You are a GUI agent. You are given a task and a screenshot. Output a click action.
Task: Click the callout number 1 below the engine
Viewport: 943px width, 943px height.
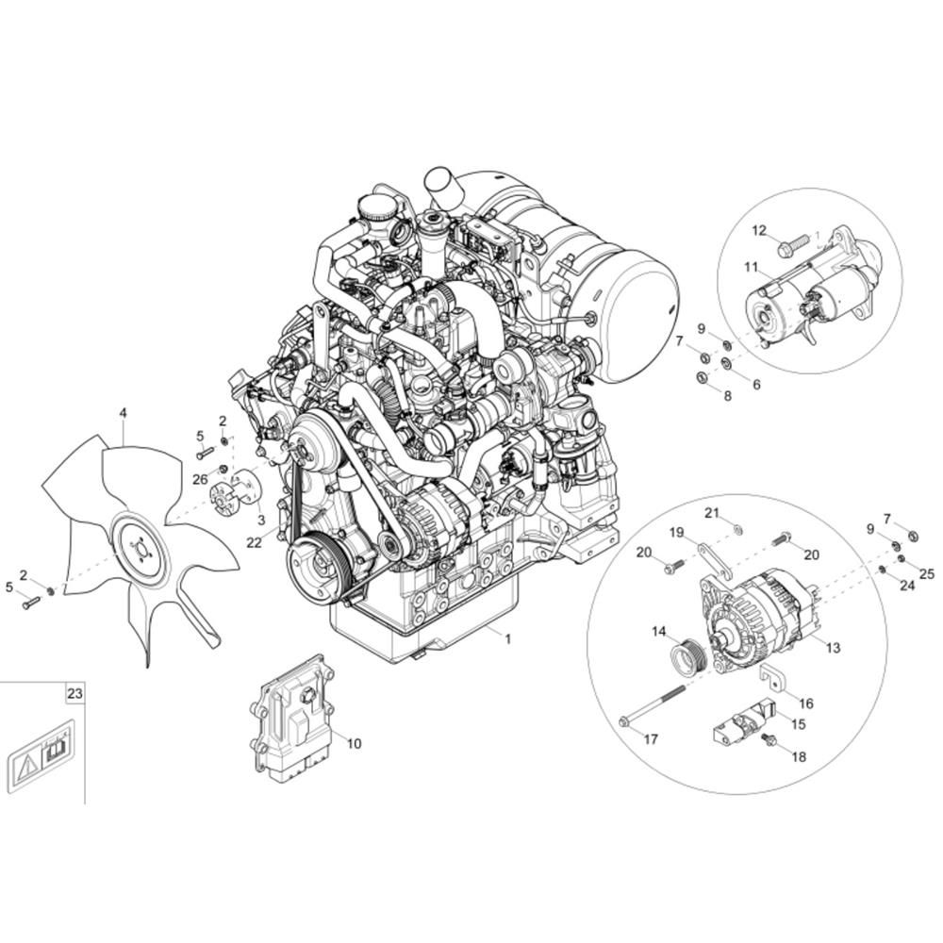tap(507, 638)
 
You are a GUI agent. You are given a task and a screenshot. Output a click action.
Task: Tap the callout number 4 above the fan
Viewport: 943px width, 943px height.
tap(123, 412)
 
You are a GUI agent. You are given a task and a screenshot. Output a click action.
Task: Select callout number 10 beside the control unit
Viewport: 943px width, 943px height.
tap(354, 743)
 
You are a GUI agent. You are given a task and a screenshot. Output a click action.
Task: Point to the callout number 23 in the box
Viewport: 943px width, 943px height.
tap(75, 693)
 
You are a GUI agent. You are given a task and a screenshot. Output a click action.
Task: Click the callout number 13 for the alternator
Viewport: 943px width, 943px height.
tap(832, 648)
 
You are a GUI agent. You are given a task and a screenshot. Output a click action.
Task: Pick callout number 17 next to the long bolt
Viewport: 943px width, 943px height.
tap(651, 739)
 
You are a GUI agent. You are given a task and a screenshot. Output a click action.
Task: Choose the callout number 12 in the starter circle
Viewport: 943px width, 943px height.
tap(759, 230)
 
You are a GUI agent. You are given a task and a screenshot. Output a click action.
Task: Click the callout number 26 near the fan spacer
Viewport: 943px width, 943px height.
tap(200, 479)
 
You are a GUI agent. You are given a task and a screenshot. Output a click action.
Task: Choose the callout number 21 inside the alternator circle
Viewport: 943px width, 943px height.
tap(712, 512)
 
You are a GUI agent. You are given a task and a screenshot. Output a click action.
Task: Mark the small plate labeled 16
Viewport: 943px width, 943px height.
tap(774, 678)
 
